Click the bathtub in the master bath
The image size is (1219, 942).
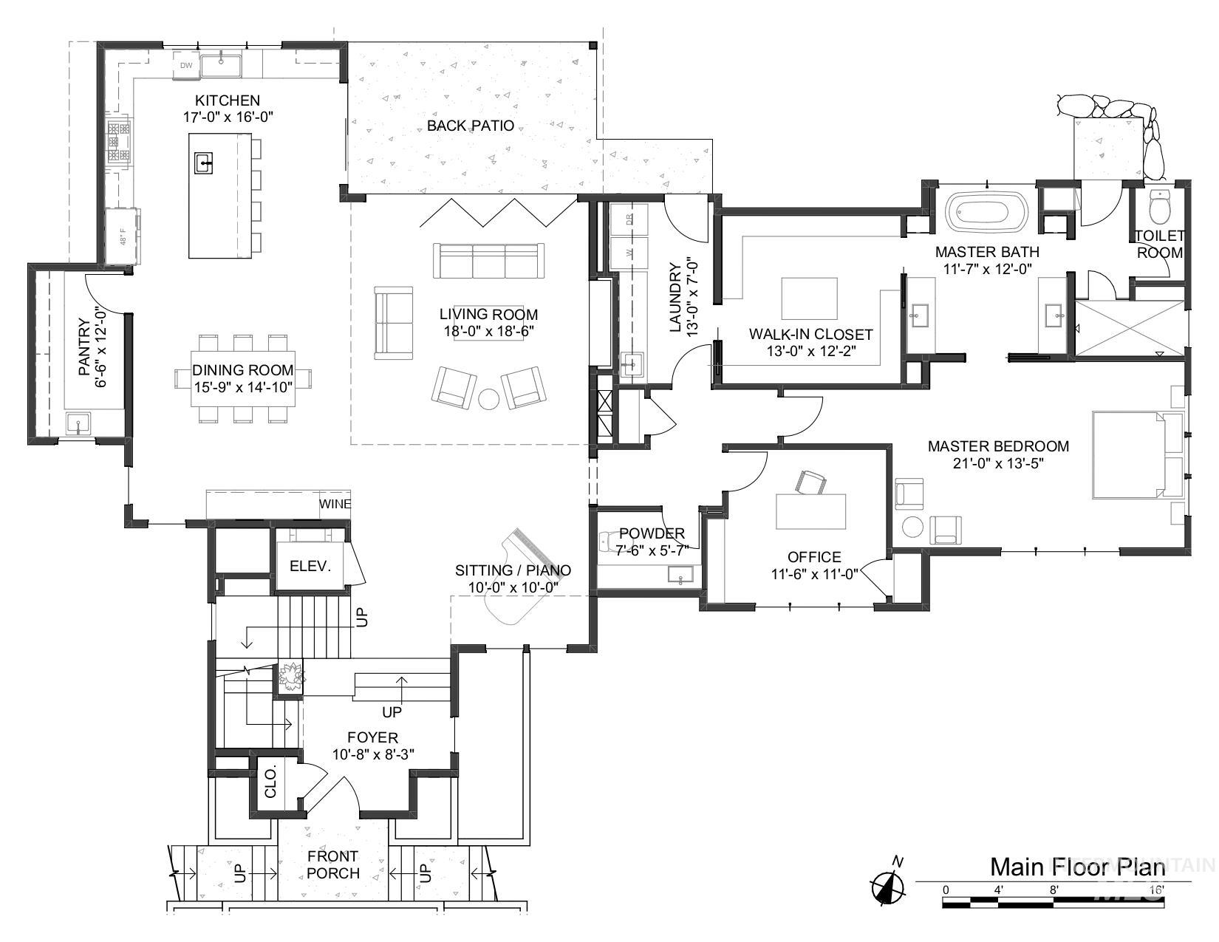[x=988, y=211]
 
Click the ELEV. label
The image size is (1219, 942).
[x=310, y=567]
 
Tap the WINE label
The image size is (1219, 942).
[x=335, y=505]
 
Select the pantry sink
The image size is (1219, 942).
[x=78, y=424]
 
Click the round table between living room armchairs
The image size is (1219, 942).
[x=490, y=398]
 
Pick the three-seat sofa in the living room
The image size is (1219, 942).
[x=488, y=261]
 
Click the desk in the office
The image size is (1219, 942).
[x=810, y=511]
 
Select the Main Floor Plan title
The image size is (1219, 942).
[x=1077, y=866]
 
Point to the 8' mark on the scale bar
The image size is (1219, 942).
[x=1054, y=890]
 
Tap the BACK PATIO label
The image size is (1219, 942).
[x=470, y=126]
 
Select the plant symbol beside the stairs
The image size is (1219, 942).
[x=290, y=677]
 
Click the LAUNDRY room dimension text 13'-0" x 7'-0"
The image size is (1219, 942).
[x=692, y=298]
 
